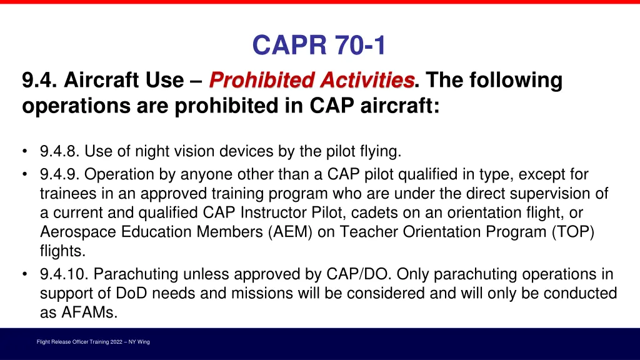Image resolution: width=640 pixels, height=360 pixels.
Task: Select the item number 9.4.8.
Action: [x=60, y=151]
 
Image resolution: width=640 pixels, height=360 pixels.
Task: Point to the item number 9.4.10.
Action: [x=64, y=274]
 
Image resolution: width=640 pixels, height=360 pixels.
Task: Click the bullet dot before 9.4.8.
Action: [x=24, y=151]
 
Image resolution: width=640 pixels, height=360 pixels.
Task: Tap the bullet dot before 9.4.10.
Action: [x=24, y=274]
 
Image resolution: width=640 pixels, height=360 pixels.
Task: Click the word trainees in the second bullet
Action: [x=65, y=193]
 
